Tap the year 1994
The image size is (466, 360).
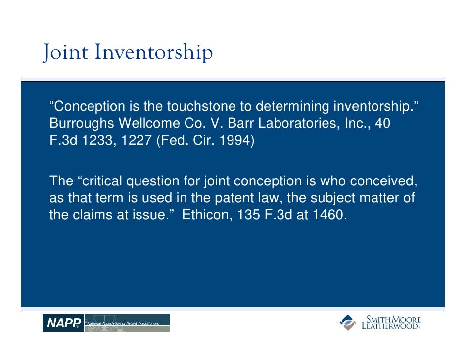236,140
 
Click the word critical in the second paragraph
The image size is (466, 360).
108,181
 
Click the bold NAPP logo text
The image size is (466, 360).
63,323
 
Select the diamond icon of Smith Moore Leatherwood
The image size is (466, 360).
348,322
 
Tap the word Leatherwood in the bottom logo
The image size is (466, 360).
391,326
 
